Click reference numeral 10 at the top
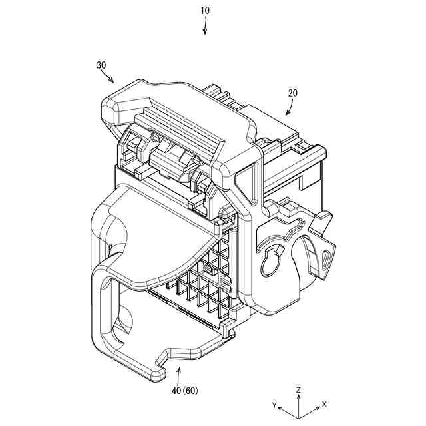pyautogui.click(x=205, y=11)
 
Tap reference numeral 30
pyautogui.click(x=101, y=65)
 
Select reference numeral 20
pyautogui.click(x=293, y=93)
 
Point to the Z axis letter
pyautogui.click(x=299, y=389)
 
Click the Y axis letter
pyautogui.click(x=274, y=405)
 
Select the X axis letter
pyautogui.click(x=324, y=404)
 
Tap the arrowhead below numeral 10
pyautogui.click(x=205, y=31)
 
